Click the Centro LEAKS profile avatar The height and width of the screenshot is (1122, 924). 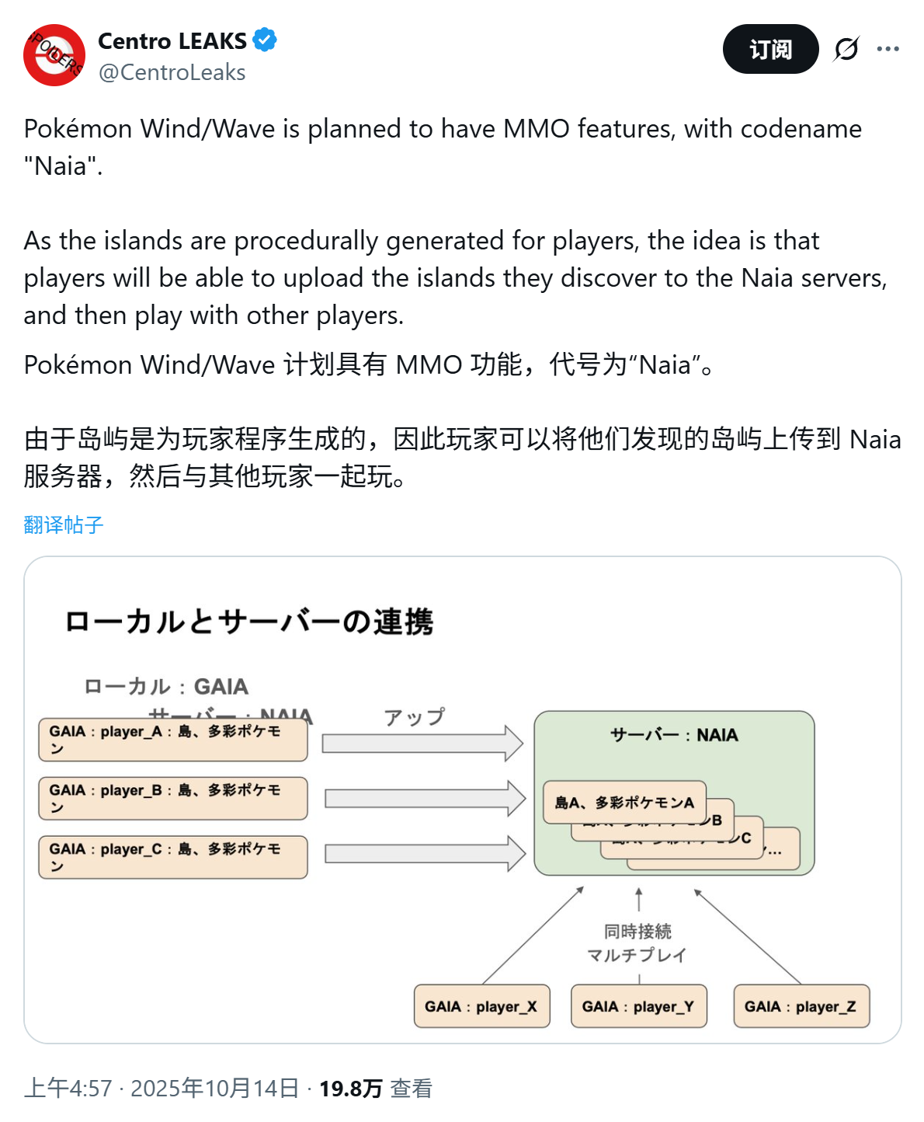[x=54, y=55]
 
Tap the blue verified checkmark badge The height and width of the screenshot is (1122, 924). [x=265, y=40]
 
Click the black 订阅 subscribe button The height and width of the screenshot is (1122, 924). [x=770, y=49]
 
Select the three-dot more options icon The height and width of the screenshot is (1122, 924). [x=888, y=49]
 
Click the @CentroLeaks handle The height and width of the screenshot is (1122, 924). [x=172, y=72]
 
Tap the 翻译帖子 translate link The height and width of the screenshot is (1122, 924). [x=63, y=525]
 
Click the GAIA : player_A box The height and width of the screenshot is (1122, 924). [x=173, y=740]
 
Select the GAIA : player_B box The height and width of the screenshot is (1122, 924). [x=173, y=799]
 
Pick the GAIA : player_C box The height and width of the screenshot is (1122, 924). [x=173, y=857]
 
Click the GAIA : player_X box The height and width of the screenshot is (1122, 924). [x=481, y=1006]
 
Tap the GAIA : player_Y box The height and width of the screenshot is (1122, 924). [x=638, y=1006]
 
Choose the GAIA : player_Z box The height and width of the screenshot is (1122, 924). [x=801, y=1006]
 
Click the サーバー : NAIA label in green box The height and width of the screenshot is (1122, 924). [x=674, y=735]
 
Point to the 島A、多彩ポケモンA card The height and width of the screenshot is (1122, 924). [x=624, y=802]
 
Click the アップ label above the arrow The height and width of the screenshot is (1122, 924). [x=415, y=716]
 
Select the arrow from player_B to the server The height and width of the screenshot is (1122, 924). [x=425, y=799]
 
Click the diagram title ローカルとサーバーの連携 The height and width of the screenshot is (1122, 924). [x=249, y=622]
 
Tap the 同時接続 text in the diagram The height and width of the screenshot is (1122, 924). [x=637, y=931]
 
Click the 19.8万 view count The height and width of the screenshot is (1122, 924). [x=351, y=1089]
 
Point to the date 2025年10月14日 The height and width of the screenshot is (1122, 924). [x=214, y=1089]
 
